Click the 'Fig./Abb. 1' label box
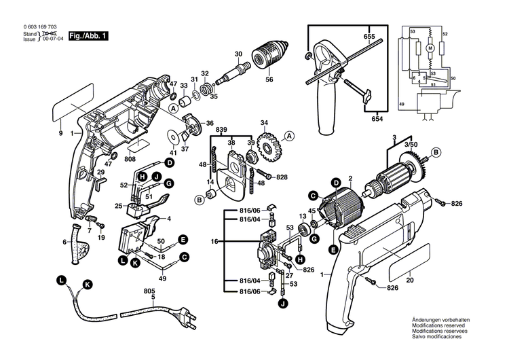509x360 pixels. pyautogui.click(x=88, y=35)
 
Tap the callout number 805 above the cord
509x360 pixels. pyautogui.click(x=150, y=291)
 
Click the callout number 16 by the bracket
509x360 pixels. pyautogui.click(x=215, y=241)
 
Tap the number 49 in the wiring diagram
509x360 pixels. pyautogui.click(x=401, y=103)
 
